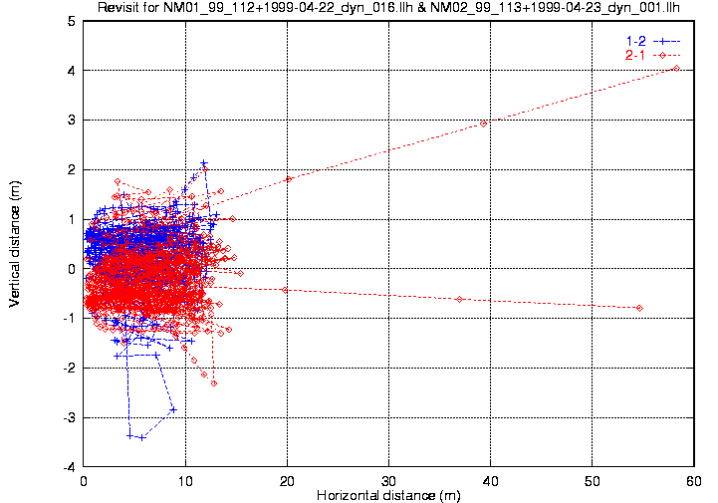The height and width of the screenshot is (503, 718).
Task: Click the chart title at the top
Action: point(395,9)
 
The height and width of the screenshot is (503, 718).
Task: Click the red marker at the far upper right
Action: point(677,68)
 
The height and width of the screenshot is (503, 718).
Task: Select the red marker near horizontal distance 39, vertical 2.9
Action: point(484,124)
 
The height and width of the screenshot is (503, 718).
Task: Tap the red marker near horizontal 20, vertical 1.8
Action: point(289,179)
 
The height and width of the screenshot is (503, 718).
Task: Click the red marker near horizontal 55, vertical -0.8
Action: point(639,308)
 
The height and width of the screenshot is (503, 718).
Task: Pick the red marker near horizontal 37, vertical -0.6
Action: point(459,299)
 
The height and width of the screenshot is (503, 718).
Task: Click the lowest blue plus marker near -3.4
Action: point(141,437)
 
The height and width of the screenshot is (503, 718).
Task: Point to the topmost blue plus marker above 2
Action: point(204,162)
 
